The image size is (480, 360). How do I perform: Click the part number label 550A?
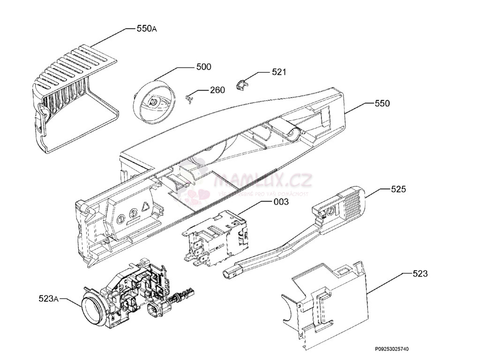point(147,29)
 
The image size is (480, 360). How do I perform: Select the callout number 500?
point(203,67)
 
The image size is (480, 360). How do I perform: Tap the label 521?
point(279,72)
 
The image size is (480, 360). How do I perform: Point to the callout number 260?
point(217,90)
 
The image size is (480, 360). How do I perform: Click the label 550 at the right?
point(382,104)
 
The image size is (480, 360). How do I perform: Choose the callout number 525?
point(398,189)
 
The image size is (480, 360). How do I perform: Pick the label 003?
point(281,202)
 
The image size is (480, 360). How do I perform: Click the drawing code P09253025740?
point(391,349)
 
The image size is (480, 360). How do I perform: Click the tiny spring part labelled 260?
point(189,98)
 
